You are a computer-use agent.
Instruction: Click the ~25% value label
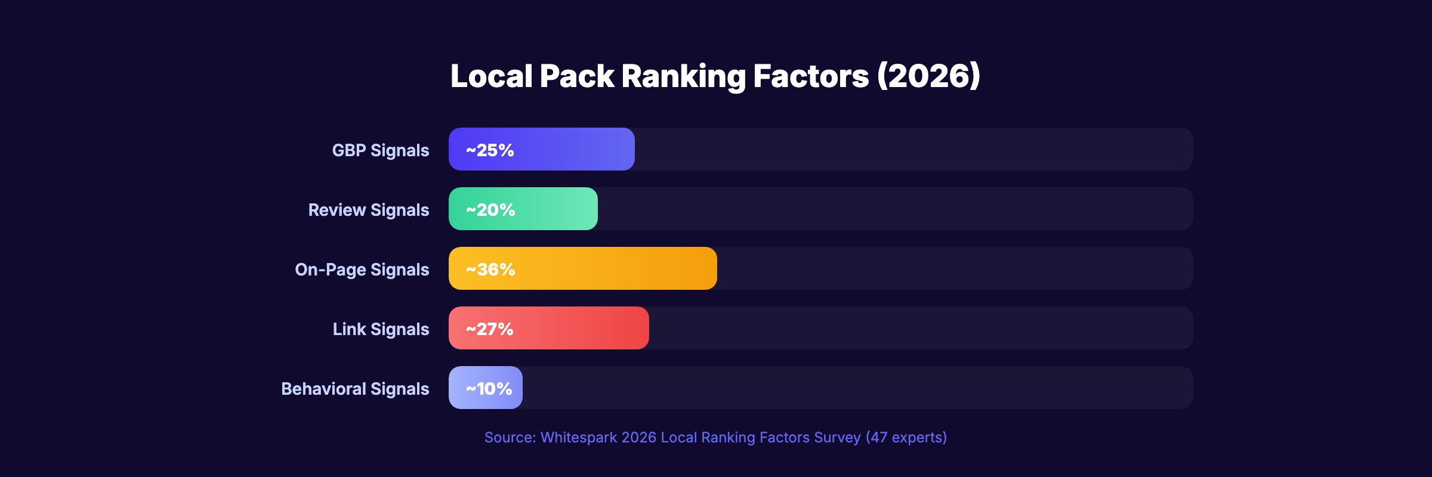490,150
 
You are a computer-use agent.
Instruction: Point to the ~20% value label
490,210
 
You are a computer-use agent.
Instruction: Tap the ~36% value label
490,270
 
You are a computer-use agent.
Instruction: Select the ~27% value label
489,329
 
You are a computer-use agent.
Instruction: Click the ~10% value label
489,389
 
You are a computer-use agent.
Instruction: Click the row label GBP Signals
381,150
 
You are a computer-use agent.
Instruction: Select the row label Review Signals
369,210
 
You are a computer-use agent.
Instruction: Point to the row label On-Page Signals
362,270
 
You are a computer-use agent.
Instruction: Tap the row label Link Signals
381,329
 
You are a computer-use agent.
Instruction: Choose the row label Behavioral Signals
355,389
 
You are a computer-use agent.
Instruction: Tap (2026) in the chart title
928,76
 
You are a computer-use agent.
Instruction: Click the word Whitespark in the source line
578,438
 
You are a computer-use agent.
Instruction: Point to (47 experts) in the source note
906,438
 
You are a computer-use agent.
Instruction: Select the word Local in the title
491,76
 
